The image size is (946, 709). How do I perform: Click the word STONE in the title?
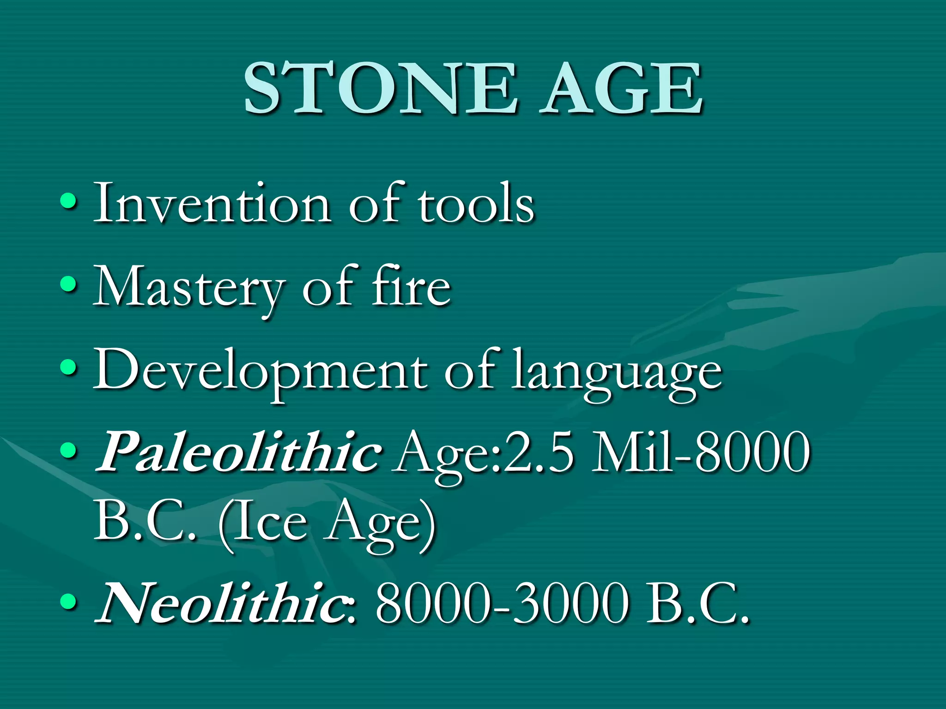point(380,89)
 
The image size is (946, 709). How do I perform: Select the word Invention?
point(212,203)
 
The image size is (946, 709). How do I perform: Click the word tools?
point(476,203)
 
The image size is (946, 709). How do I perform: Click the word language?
point(616,374)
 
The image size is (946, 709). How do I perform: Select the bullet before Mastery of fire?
point(68,284)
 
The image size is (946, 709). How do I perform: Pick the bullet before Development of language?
point(68,368)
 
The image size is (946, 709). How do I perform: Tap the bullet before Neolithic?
point(68,601)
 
